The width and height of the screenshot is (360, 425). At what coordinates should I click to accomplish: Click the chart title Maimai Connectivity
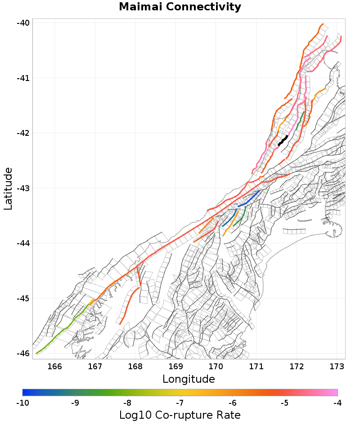click(180, 7)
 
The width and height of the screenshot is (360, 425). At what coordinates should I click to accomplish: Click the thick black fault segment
click(283, 140)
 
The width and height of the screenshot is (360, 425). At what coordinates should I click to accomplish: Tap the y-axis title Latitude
click(8, 188)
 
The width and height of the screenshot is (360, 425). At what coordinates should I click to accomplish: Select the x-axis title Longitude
click(189, 379)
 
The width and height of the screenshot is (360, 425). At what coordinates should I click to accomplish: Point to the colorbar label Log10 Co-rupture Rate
click(180, 415)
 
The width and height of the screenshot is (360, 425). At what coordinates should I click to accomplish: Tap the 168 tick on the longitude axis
click(135, 367)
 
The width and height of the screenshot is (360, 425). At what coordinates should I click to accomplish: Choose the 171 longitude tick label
click(256, 367)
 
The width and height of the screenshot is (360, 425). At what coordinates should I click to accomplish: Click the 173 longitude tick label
click(337, 367)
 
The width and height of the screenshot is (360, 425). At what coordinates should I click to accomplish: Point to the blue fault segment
click(252, 198)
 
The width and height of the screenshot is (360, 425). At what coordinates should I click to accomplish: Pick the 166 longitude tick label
click(54, 367)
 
